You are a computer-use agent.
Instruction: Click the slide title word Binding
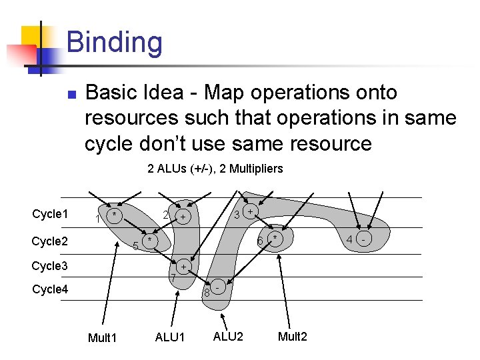114,42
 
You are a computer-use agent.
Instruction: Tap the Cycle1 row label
50,214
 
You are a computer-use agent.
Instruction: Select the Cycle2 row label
50,241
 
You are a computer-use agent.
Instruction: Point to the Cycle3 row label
50,266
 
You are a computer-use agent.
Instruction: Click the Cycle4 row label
50,289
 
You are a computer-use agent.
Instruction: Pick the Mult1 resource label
102,338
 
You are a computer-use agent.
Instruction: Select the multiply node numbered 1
115,215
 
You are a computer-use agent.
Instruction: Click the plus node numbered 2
182,217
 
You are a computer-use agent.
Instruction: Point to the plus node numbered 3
250,211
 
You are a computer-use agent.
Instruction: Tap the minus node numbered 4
363,238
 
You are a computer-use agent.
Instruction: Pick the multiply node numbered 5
150,240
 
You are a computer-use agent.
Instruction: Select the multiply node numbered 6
273,238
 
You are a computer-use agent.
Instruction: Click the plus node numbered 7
184,267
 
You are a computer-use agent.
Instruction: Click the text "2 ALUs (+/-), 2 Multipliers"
215,169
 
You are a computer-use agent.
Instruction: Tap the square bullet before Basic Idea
72,93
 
